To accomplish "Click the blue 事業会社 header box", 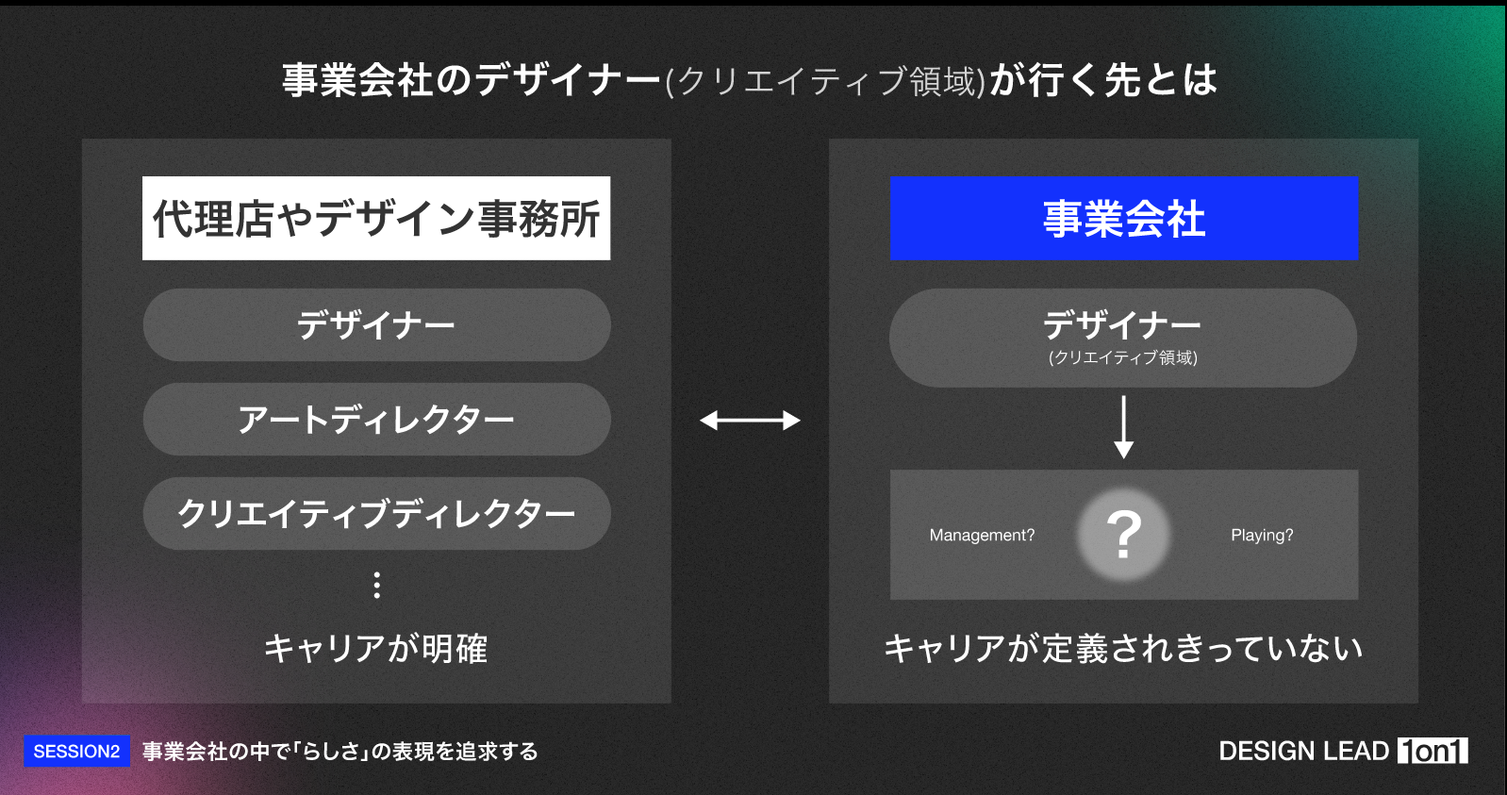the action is point(1124,219).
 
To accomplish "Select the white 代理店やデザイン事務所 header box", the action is point(376,219).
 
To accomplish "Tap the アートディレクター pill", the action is point(377,420).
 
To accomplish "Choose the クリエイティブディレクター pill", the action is point(377,514).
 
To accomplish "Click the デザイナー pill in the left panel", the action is point(377,325).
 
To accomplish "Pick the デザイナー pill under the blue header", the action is point(1123,339).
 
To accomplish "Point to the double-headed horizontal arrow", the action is point(750,421).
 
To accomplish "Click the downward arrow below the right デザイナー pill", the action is point(1123,427).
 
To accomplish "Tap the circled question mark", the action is point(1123,535).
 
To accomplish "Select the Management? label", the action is point(983,536).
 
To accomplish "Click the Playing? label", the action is point(1262,536).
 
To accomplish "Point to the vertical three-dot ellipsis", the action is point(377,585).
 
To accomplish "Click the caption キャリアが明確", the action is point(376,649).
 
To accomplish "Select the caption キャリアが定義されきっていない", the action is point(1123,649).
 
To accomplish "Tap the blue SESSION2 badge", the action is point(76,752).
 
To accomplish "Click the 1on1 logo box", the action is point(1432,752).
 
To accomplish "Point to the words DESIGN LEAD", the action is point(1304,752).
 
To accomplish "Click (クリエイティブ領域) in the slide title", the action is point(825,82).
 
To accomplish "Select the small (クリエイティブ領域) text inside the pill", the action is point(1123,357).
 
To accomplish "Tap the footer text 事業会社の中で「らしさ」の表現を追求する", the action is point(340,752).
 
